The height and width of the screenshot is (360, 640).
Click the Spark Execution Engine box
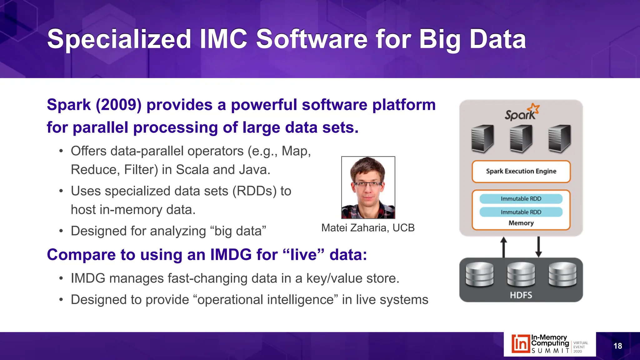[x=521, y=171]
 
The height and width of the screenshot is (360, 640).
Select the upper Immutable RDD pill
[x=521, y=199]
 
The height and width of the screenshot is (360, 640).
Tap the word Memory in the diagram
[x=521, y=223]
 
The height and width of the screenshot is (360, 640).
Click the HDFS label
[x=521, y=295]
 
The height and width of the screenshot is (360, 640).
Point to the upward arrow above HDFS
[x=503, y=247]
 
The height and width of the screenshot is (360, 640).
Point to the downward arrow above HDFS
[x=538, y=247]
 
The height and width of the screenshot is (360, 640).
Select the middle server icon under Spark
[x=521, y=138]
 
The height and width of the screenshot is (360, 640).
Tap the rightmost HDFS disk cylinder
[x=562, y=274]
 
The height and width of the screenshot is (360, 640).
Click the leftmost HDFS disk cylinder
[x=479, y=274]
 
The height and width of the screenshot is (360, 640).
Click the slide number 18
[x=617, y=346]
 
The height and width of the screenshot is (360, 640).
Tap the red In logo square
[x=520, y=344]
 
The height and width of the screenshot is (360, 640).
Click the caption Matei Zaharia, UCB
[x=368, y=228]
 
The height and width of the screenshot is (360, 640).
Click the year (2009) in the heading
[x=119, y=105]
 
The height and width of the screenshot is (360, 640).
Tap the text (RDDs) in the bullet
[x=254, y=191]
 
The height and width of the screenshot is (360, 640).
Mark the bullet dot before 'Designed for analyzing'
[x=61, y=231]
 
